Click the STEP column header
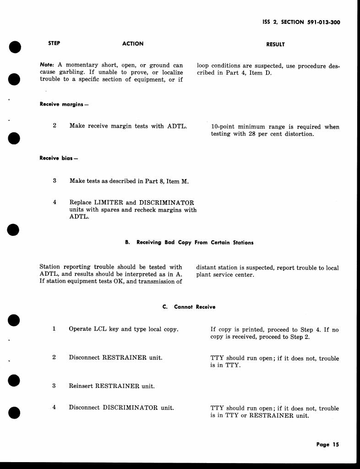(x=54, y=44)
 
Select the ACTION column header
(x=133, y=44)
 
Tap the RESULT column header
(x=275, y=44)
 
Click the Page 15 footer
(x=327, y=444)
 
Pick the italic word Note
(x=47, y=65)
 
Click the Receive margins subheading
(x=64, y=104)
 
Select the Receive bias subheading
(x=59, y=158)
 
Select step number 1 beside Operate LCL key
(x=54, y=329)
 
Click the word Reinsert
(x=81, y=386)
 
